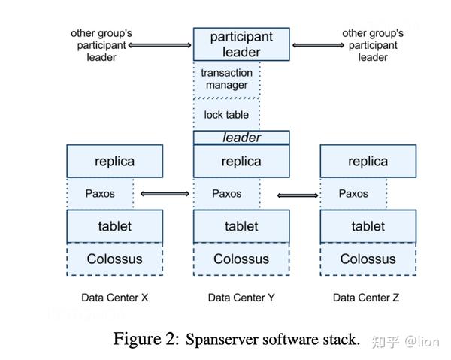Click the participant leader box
point(241,44)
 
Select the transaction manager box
point(227,79)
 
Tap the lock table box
point(227,115)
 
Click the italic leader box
point(241,138)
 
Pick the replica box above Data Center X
point(114,161)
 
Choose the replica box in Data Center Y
point(241,161)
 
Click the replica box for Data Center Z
point(368,161)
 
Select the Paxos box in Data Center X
point(100,193)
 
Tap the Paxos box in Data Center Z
point(353,193)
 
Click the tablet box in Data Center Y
point(241,226)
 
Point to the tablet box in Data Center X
point(114,226)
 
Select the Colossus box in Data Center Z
point(368,259)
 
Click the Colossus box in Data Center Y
point(241,259)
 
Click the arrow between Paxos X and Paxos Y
point(165,194)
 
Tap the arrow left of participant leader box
point(160,45)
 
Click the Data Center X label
point(114,298)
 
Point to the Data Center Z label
point(367,298)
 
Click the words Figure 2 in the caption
point(147,339)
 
